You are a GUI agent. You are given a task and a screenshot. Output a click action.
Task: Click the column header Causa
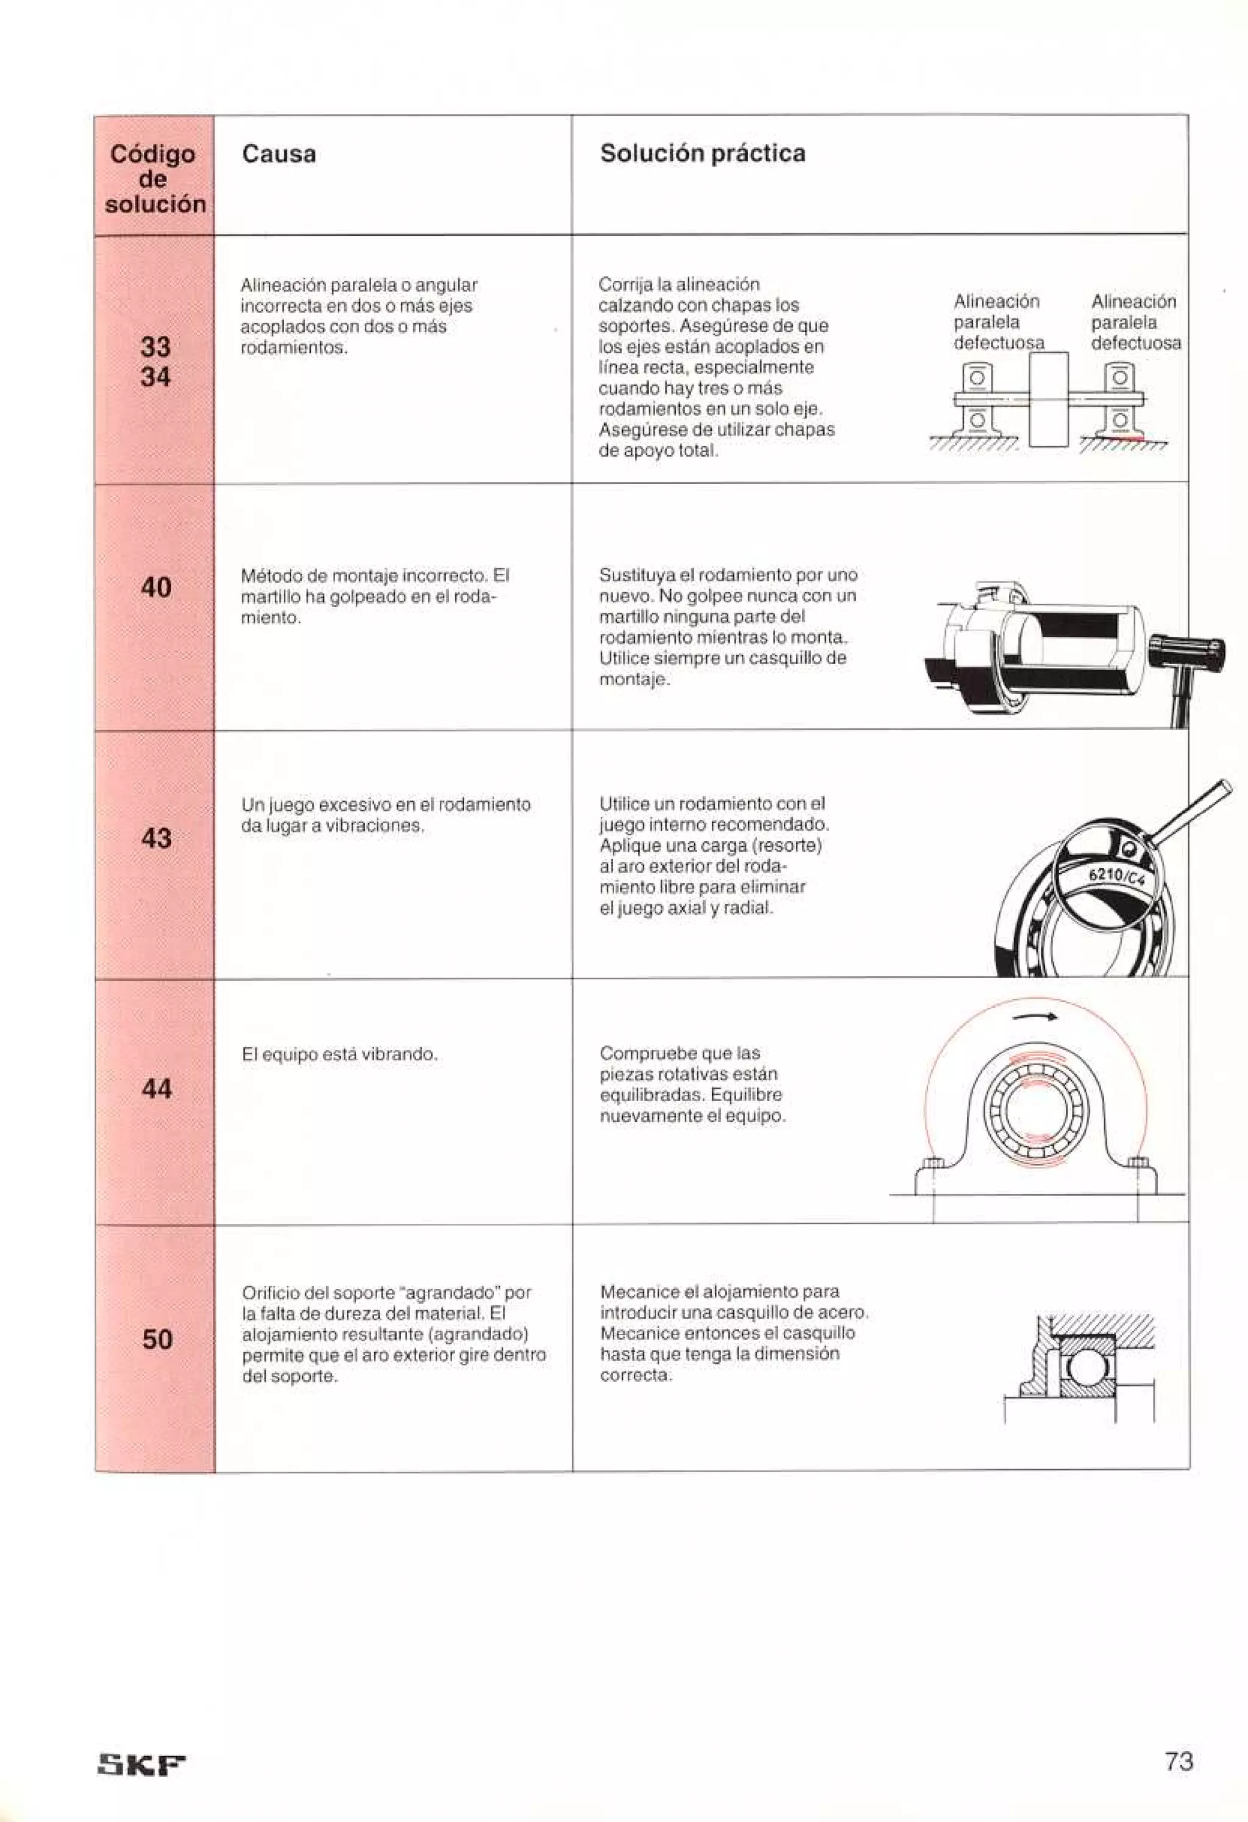[x=279, y=154]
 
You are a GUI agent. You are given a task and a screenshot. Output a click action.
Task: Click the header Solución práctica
[x=703, y=153]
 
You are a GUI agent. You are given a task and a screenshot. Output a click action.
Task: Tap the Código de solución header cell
[x=154, y=179]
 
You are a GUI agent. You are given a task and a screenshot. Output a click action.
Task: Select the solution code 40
[x=156, y=587]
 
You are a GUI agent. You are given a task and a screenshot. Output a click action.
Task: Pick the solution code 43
[x=156, y=838]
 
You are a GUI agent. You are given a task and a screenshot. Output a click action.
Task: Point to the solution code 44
[x=157, y=1088]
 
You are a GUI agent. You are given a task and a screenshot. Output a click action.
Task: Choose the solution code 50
[x=157, y=1339]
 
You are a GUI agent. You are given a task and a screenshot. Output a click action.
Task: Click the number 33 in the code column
[x=155, y=347]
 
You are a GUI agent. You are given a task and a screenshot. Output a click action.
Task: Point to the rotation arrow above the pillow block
[x=1035, y=1018]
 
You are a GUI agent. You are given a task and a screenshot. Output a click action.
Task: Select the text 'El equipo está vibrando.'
[x=339, y=1054]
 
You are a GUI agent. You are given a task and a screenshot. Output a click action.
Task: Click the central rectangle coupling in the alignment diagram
[x=1048, y=399]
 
